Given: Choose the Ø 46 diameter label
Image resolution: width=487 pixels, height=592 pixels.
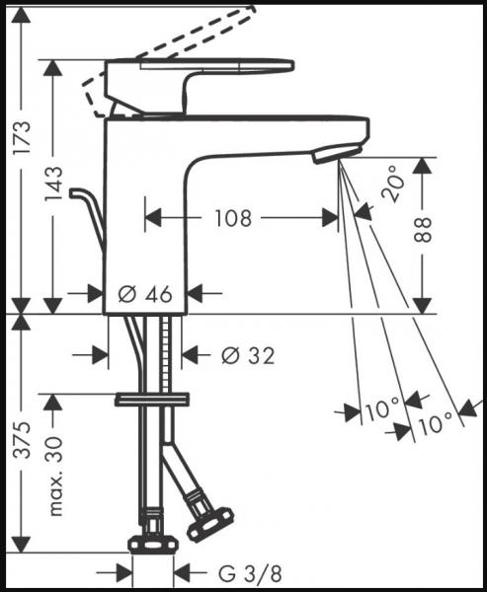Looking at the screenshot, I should (145, 292).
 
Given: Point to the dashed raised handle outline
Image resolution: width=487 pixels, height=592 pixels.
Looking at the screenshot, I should (178, 39).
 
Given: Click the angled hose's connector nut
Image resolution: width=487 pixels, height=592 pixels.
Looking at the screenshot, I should (209, 522).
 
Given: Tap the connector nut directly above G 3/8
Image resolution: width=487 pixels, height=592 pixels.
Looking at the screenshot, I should (154, 542).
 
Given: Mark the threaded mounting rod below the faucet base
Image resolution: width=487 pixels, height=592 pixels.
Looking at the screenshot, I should (166, 355).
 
